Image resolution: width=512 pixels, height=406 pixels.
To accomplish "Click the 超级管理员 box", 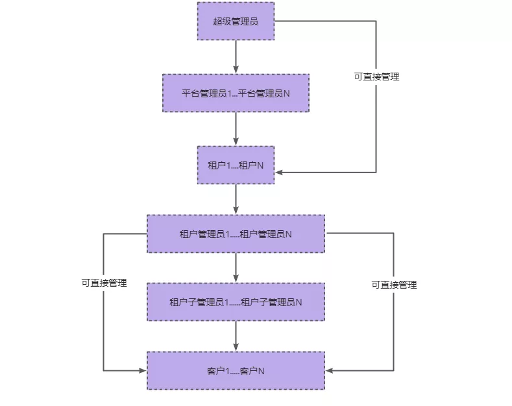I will pyautogui.click(x=236, y=21).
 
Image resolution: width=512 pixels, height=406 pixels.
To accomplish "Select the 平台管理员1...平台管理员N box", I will pyautogui.click(x=236, y=93).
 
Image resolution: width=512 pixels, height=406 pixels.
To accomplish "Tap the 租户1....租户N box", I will pyautogui.click(x=236, y=165).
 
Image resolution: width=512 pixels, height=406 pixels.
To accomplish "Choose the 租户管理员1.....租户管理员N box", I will pyautogui.click(x=236, y=233).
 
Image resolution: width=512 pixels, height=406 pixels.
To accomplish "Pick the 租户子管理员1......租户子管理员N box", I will pyautogui.click(x=236, y=302).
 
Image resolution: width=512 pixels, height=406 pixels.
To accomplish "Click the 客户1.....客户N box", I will pyautogui.click(x=236, y=370).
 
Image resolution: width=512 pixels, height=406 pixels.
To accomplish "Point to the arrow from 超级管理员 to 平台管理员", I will pyautogui.click(x=236, y=56).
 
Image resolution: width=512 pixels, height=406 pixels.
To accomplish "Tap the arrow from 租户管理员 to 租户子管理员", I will pyautogui.click(x=236, y=267).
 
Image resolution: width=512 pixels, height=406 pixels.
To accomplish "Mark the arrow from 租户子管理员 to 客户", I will pyautogui.click(x=236, y=336).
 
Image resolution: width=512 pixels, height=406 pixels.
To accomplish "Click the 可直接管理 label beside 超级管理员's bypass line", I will pyautogui.click(x=376, y=77).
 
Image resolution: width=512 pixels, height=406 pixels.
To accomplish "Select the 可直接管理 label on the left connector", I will pyautogui.click(x=104, y=283).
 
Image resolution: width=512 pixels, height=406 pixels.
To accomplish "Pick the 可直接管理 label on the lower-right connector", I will pyautogui.click(x=394, y=285).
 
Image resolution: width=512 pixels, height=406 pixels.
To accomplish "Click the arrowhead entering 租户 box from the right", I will pyautogui.click(x=279, y=173).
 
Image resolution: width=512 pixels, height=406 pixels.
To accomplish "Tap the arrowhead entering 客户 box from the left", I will pyautogui.click(x=142, y=371).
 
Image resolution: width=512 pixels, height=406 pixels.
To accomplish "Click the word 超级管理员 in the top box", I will pyautogui.click(x=236, y=21).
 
